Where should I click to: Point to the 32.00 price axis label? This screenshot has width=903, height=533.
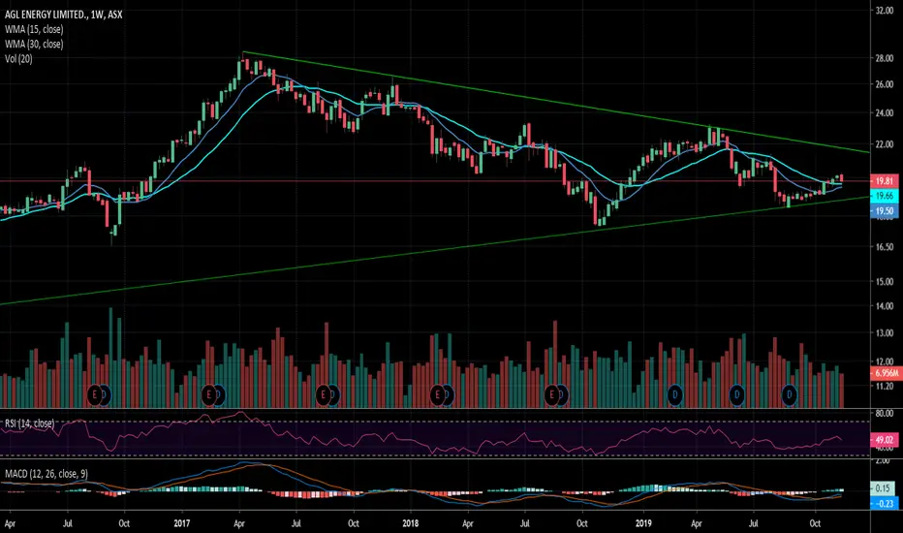point(883,12)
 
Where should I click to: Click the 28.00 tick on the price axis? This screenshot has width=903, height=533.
point(883,58)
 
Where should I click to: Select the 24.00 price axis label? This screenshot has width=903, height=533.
point(883,112)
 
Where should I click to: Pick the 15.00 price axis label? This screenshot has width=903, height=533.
point(883,282)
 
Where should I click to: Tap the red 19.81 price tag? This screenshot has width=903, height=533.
point(883,180)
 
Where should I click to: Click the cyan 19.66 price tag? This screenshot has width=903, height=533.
point(883,195)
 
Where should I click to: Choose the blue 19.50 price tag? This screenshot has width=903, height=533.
point(883,209)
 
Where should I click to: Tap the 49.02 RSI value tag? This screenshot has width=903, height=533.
point(883,437)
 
